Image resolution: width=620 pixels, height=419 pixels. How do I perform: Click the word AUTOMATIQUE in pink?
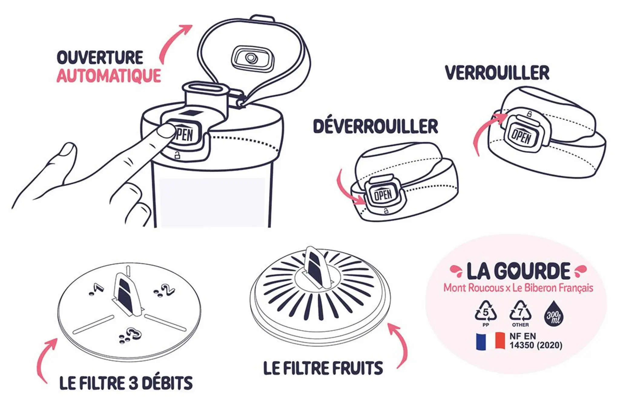(109, 76)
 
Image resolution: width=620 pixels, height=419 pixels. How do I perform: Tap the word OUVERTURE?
(100, 57)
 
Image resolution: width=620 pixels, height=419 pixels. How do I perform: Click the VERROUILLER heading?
(497, 73)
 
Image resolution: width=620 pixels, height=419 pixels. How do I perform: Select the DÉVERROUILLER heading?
(375, 126)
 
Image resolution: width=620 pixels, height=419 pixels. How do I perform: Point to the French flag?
(490, 341)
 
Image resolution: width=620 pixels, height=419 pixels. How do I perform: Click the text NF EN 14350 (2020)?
(536, 341)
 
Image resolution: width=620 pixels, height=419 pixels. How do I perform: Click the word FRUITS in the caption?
(358, 368)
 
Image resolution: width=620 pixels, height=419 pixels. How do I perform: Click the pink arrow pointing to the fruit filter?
(400, 345)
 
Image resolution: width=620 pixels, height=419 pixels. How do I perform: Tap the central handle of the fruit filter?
(316, 266)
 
